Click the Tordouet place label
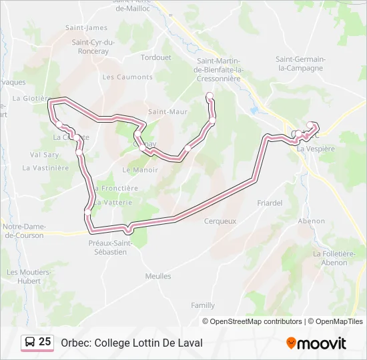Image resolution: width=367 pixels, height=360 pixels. coord(155,57)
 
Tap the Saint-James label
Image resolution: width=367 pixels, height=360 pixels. coord(86,27)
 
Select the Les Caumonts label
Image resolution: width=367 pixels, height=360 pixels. coord(127,77)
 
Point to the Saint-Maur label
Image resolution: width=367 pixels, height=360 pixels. coord(167,111)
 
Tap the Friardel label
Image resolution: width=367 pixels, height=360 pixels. coord(270,203)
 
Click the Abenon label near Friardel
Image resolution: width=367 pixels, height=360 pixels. coord(311,221)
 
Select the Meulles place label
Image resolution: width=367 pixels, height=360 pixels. coord(158,276)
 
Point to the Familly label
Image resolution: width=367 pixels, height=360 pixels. coord(203,305)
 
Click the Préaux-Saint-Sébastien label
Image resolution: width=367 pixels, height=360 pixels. coord(111,247)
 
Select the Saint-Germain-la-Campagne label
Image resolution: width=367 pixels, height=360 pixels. coord(300,63)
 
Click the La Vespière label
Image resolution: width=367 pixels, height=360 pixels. coord(316,149)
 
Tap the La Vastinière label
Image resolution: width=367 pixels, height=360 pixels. coord(45,168)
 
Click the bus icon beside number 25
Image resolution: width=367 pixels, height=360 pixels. coord(30,343)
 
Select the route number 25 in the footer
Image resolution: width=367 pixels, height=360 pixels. coord(45,342)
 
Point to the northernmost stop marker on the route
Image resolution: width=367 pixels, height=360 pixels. coord(210,97)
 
